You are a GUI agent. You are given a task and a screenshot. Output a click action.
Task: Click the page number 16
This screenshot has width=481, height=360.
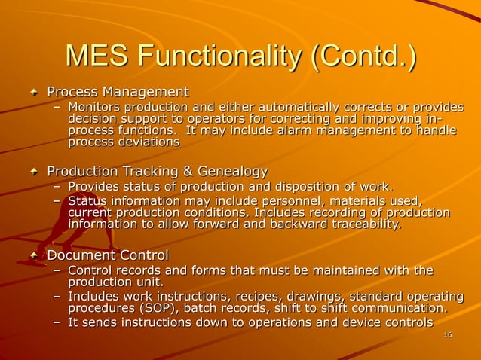(448, 334)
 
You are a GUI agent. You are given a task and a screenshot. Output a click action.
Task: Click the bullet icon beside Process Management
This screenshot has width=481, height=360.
(33, 93)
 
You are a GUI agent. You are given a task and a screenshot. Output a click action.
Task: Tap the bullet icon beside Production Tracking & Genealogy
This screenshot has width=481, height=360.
(33, 172)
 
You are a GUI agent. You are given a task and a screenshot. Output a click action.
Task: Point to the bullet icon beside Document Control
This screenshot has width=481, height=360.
(33, 257)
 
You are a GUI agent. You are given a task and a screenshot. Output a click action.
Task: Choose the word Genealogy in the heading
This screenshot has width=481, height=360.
(229, 172)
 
